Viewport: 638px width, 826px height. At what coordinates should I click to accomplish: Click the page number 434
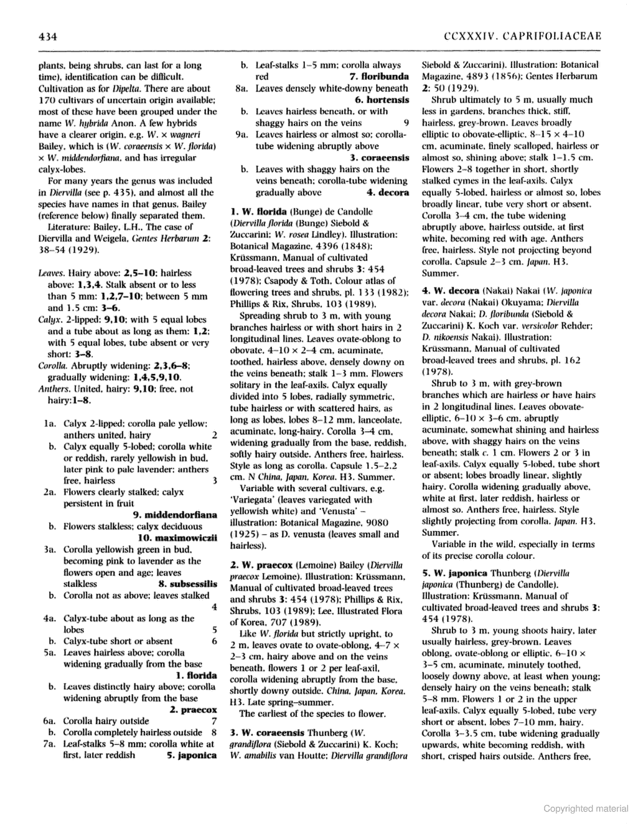coord(47,37)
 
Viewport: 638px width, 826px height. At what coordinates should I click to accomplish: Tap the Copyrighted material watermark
coord(585,809)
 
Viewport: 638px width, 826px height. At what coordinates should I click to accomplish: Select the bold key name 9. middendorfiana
coord(175,515)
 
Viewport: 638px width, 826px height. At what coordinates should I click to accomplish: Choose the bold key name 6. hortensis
coord(382,100)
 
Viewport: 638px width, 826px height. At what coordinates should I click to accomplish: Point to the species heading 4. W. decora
coord(451,291)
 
